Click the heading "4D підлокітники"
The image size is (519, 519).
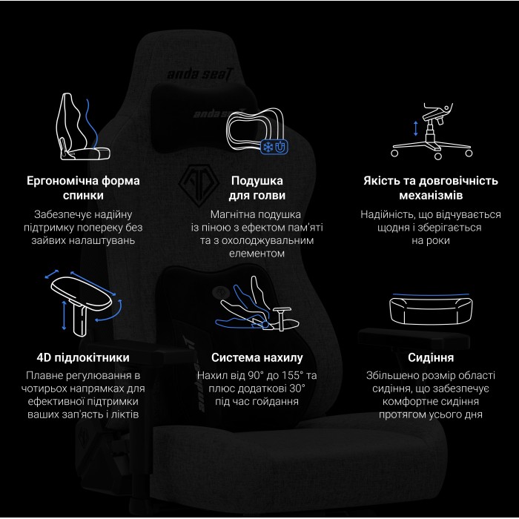point(83,357)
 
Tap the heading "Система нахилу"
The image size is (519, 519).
point(257,357)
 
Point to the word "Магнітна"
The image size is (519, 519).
point(217,214)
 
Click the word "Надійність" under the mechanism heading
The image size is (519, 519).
point(387,214)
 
